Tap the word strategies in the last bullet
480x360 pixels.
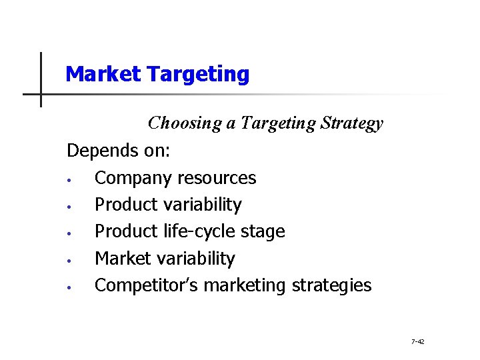pos(331,285)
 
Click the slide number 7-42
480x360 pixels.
pos(418,342)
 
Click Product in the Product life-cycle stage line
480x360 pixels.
pos(126,231)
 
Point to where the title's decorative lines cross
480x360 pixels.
pos(41,94)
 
